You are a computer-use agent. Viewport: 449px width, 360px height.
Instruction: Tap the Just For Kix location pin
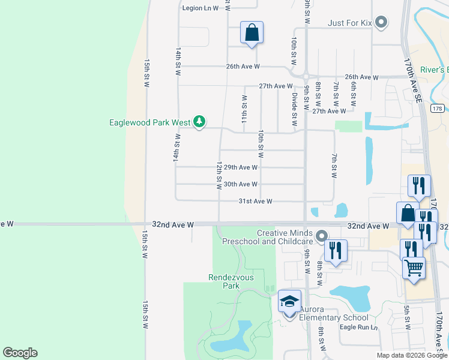381,23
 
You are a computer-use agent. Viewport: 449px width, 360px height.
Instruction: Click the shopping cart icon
414,268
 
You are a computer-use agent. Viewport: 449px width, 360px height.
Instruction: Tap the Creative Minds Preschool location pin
322,236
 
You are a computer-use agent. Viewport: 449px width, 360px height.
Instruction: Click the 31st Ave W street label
256,202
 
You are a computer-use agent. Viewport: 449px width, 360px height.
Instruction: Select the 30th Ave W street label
240,184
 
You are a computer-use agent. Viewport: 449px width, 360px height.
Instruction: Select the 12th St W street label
220,174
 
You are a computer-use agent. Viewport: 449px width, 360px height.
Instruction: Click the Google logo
20,353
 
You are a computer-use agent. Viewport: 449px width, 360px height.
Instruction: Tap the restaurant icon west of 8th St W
336,250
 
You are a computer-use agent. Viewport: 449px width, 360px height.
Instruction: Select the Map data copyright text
411,355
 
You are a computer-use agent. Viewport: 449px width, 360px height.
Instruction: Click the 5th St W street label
407,319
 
